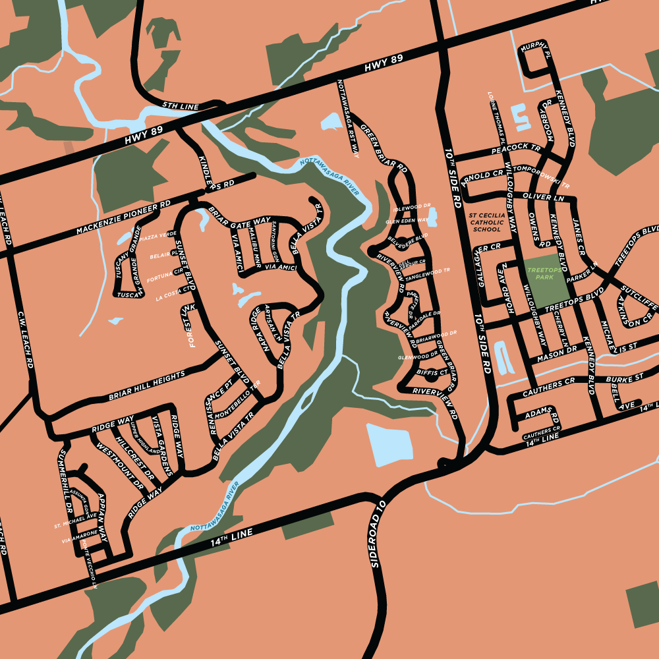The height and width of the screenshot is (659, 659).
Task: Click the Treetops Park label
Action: (544, 273)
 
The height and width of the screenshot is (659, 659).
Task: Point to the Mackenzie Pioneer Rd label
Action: (123, 218)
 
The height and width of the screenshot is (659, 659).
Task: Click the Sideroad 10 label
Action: (376, 534)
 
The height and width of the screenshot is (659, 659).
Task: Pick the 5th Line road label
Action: (180, 106)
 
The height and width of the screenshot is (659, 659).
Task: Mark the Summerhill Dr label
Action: (65, 481)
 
